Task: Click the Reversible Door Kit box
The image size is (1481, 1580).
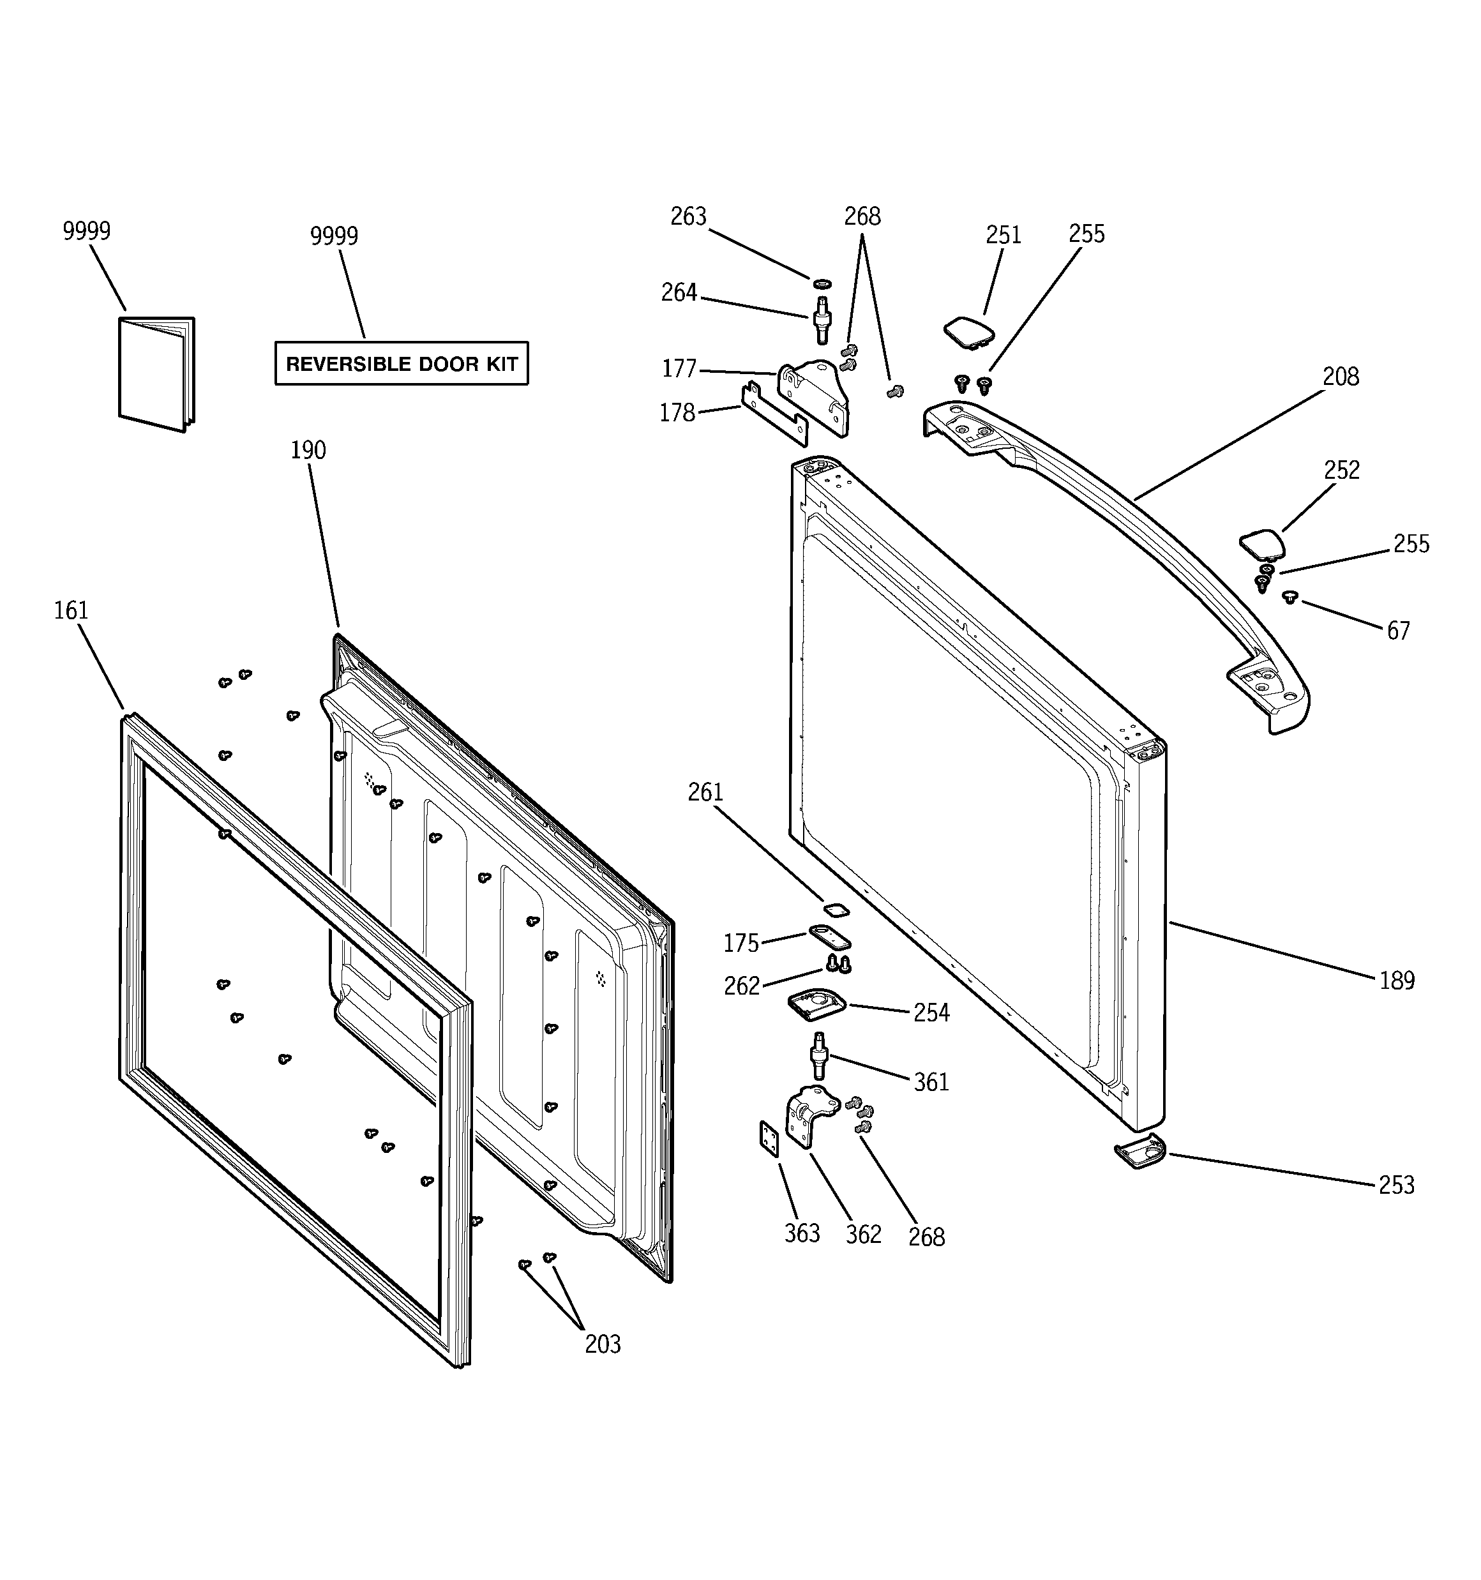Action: [402, 364]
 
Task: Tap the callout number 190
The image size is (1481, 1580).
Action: [308, 451]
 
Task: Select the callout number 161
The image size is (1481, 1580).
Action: [71, 610]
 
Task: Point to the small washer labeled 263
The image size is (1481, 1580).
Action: [822, 283]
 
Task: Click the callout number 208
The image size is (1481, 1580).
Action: [1341, 377]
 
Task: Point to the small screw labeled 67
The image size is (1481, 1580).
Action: [1289, 597]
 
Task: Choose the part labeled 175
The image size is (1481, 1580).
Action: [830, 937]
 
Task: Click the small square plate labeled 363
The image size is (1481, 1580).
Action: [769, 1139]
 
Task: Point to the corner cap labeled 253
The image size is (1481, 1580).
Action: [1139, 1152]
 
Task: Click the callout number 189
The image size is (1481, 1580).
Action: [1397, 981]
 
